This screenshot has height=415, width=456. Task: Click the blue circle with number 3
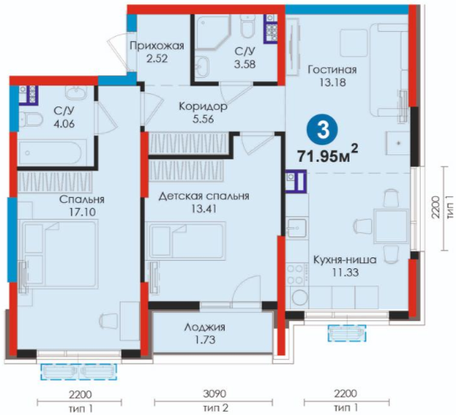[x=323, y=130]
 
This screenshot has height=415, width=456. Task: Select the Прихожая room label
[x=157, y=46]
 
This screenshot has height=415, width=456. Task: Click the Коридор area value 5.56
[x=204, y=119]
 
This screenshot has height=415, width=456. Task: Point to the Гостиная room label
[x=333, y=70]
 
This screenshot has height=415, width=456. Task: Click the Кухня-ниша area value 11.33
[x=345, y=272]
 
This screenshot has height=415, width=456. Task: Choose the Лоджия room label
[x=205, y=328]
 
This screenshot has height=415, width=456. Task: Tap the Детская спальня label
[x=204, y=196]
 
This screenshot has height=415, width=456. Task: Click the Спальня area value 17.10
[x=82, y=212]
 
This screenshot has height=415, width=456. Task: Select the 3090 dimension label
[x=215, y=394]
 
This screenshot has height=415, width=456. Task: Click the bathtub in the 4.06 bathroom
[x=52, y=152]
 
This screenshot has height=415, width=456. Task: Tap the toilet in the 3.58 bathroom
[x=248, y=26]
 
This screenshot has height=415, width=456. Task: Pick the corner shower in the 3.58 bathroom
[x=212, y=32]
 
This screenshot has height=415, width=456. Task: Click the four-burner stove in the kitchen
[x=294, y=273]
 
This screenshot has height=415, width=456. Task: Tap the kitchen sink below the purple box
[x=297, y=229]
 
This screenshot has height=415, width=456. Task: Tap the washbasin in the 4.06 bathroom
[x=75, y=93]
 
